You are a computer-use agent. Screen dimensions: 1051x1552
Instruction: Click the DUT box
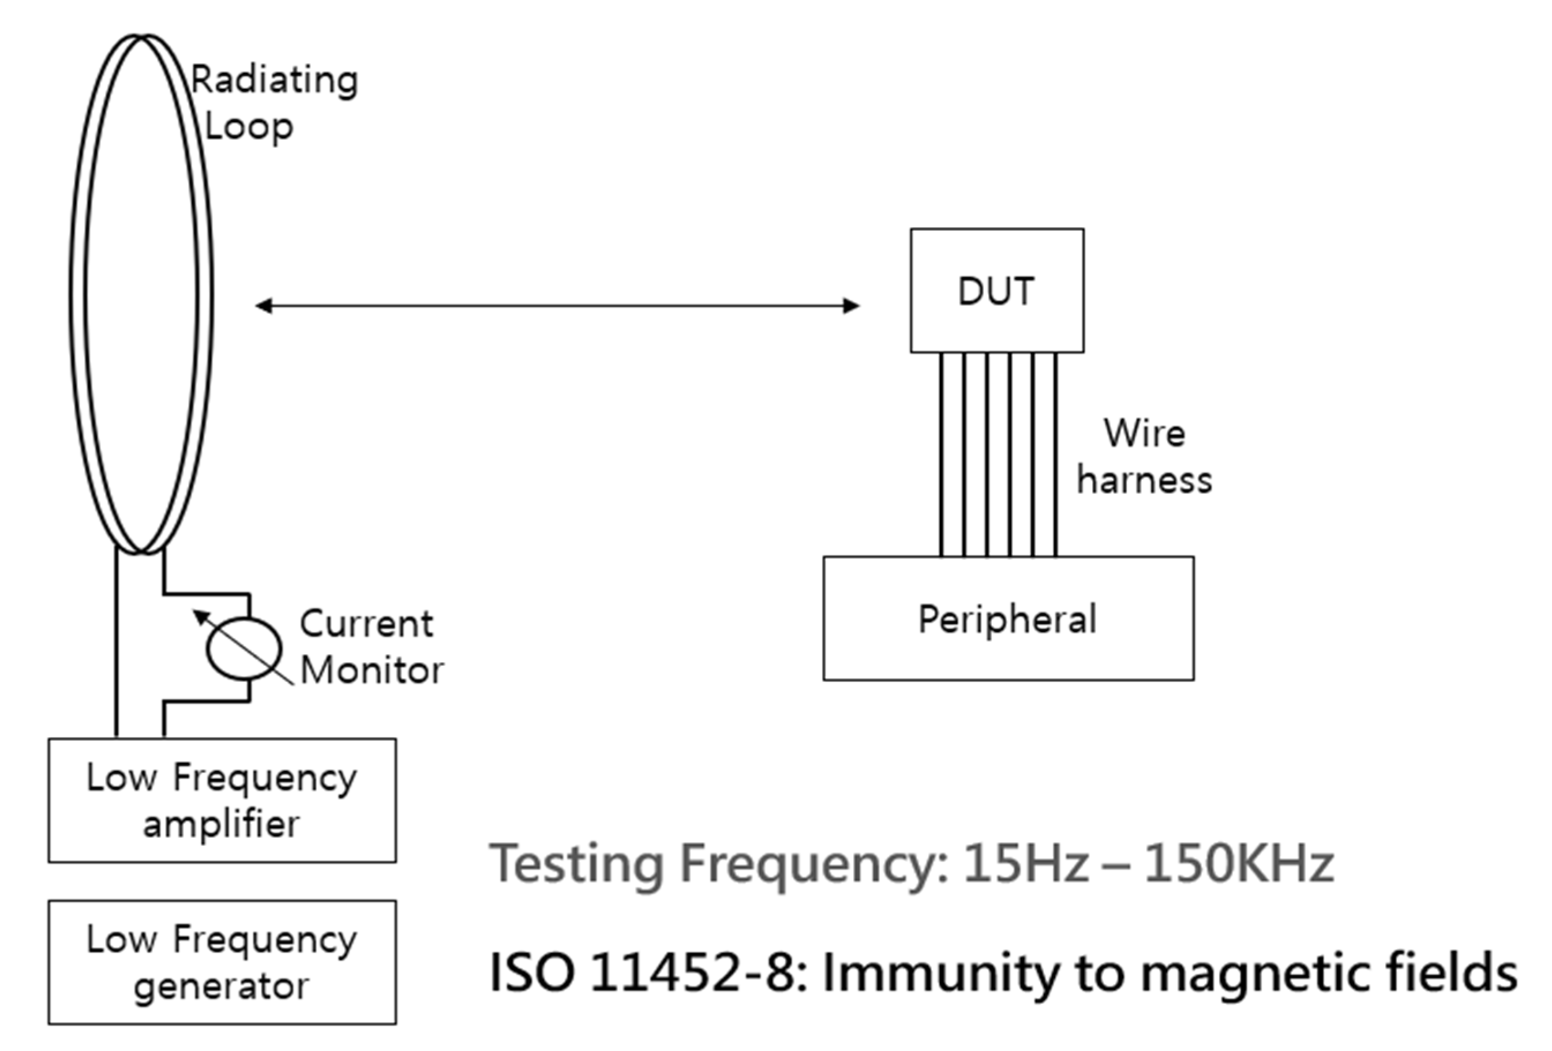(x=996, y=291)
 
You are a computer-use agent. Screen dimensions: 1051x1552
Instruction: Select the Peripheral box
(x=1008, y=618)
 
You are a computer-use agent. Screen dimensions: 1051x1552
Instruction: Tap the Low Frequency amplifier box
(x=222, y=799)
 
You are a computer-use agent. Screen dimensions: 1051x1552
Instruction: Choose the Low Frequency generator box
(x=222, y=962)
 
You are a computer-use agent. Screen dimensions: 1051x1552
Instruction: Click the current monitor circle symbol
(x=243, y=648)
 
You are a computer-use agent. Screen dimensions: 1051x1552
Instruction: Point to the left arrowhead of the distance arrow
(x=264, y=306)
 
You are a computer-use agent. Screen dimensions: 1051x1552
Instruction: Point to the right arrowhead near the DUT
(x=851, y=306)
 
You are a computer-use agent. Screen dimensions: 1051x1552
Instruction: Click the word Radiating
(x=275, y=81)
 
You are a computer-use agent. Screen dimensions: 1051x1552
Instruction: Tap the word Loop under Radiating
(x=249, y=126)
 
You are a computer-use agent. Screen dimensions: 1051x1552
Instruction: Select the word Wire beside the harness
(x=1144, y=433)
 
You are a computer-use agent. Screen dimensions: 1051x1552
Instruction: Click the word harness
(x=1144, y=480)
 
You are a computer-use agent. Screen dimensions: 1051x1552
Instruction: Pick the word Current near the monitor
(x=366, y=624)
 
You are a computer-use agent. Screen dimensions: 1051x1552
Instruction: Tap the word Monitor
(x=372, y=670)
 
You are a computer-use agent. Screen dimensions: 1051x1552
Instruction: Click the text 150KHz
(x=1238, y=863)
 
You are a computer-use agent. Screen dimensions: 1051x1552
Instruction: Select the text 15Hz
(x=1027, y=863)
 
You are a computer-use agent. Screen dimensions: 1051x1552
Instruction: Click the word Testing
(x=577, y=864)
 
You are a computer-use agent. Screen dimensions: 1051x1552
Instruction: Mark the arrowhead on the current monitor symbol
(x=198, y=615)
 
